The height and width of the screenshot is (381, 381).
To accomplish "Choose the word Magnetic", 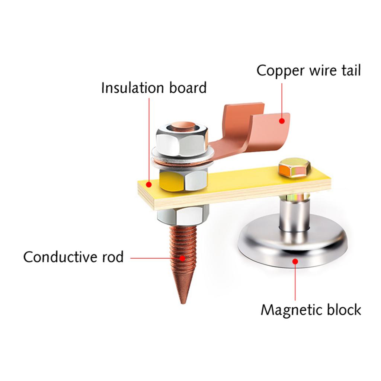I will (291, 310).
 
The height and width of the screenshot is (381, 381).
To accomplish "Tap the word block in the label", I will (343, 310).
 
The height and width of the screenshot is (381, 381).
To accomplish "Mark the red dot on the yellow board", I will (148, 184).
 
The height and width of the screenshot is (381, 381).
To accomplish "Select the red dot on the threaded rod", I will (182, 257).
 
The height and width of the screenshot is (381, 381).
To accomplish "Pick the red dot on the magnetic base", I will (296, 262).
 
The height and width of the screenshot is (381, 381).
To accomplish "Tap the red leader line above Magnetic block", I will (296, 283).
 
